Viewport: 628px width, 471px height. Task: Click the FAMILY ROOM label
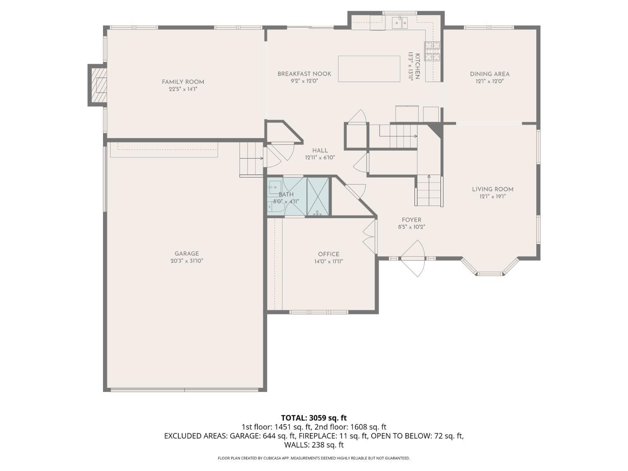tap(183, 82)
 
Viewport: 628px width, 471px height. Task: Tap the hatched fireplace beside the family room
tap(98, 85)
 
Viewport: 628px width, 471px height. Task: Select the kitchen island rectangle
tap(369, 69)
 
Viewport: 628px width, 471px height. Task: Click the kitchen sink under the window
tap(400, 23)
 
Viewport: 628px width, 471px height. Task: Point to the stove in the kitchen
tap(433, 51)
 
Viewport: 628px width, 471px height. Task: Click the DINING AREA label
tap(489, 74)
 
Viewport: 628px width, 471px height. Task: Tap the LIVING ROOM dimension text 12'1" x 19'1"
tap(492, 196)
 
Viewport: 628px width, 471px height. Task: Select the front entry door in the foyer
tap(413, 258)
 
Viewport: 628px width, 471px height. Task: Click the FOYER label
tap(412, 220)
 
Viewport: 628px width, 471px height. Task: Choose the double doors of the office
tap(370, 237)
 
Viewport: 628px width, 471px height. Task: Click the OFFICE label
tap(329, 254)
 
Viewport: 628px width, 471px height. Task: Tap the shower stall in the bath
tap(318, 197)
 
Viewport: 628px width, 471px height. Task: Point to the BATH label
tap(286, 194)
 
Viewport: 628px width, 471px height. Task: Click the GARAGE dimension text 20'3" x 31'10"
tap(187, 261)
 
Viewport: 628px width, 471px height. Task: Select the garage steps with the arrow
tap(251, 159)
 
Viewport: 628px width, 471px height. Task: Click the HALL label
tap(320, 150)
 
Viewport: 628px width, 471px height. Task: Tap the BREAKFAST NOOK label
tap(304, 74)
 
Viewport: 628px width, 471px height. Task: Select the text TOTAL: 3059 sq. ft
tap(314, 417)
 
